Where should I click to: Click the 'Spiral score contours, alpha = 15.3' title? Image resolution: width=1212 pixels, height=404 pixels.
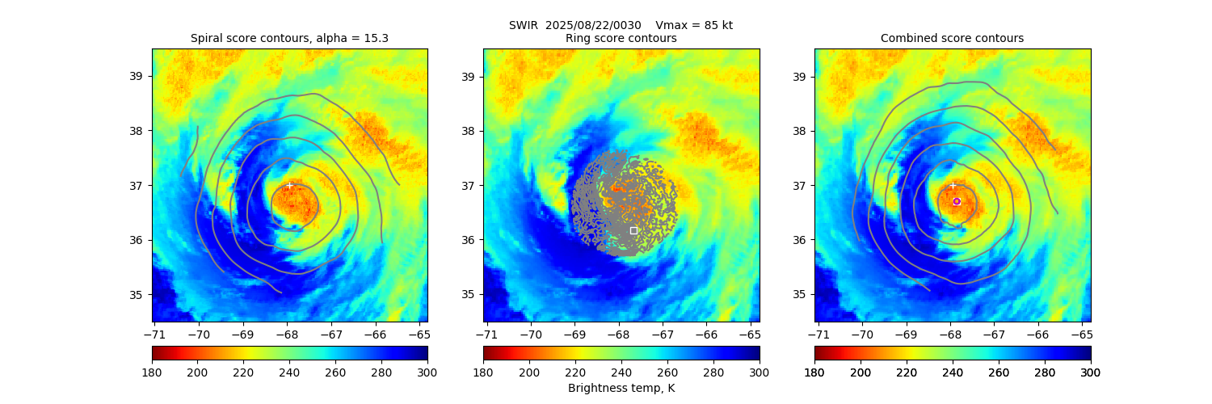point(289,38)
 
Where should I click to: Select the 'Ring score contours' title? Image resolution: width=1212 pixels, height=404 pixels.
point(621,38)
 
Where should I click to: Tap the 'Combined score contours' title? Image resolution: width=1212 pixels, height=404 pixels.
point(952,38)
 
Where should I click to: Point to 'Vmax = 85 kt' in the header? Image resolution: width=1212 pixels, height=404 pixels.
point(694,25)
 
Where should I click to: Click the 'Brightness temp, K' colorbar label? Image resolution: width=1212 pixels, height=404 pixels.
point(621,388)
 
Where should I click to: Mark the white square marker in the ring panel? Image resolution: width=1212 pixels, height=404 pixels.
point(633,230)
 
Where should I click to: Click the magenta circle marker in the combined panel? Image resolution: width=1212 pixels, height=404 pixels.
point(957,201)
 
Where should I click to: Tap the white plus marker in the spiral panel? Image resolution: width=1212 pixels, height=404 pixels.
point(289,185)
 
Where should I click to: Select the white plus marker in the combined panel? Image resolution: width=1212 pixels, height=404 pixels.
point(953,185)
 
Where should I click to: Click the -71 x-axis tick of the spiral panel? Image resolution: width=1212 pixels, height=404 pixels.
point(154,333)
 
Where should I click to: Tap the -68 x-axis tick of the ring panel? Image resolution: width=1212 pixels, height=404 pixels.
point(617,333)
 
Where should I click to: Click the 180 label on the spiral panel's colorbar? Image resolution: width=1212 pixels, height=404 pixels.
point(152,372)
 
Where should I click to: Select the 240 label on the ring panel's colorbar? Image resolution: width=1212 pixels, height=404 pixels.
point(621,372)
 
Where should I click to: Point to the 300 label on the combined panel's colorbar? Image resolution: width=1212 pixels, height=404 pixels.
point(1091,372)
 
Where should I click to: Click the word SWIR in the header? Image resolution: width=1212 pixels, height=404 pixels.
point(523,25)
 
